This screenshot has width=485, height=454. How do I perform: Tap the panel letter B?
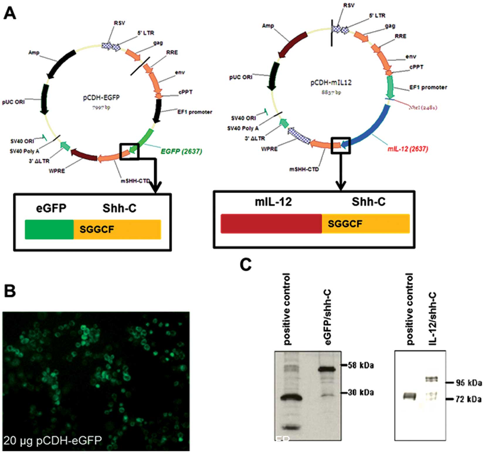click(10, 291)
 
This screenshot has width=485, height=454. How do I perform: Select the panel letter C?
click(245, 264)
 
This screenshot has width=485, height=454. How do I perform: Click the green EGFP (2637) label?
click(181, 151)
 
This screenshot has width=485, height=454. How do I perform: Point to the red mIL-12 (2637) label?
click(408, 149)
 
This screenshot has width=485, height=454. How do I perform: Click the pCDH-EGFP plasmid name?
click(101, 97)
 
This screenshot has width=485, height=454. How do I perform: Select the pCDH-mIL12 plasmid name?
click(331, 82)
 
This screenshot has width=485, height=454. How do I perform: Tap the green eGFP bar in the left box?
click(49, 229)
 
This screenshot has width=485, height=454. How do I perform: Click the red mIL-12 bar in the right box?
click(271, 224)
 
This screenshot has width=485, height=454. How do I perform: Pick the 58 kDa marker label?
click(360, 365)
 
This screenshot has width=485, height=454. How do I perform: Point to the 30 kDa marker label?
click(360, 392)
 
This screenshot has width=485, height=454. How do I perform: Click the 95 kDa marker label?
click(468, 383)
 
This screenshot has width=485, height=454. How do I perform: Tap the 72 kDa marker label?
click(468, 399)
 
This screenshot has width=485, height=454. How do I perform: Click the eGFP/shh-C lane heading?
click(328, 317)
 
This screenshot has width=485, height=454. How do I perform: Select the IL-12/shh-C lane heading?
click(433, 318)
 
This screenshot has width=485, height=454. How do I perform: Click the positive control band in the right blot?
click(409, 397)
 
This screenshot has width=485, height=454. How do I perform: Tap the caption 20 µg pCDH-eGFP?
click(53, 440)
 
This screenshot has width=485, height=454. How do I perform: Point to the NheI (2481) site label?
click(423, 107)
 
